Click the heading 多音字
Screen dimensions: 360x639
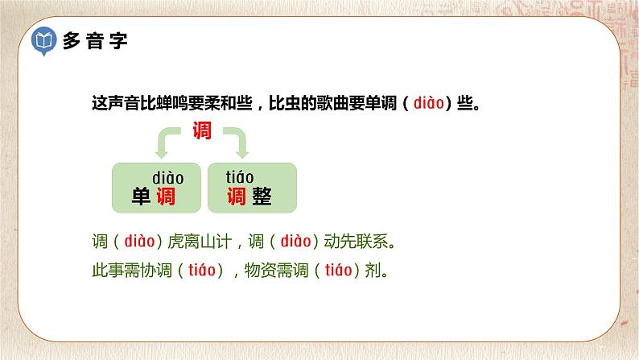point(95,41)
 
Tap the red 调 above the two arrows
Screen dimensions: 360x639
point(202,130)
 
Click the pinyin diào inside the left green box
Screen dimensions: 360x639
point(168,177)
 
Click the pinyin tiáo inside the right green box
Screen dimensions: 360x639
point(239,177)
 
